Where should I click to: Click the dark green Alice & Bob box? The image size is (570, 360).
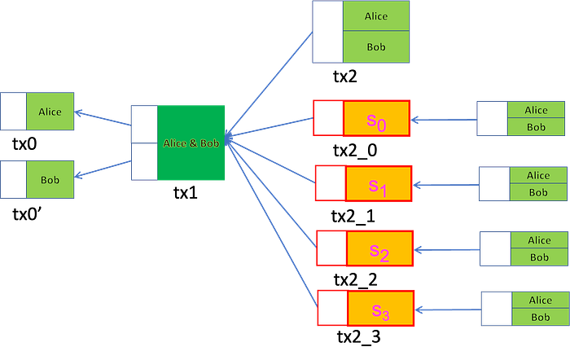[191, 143]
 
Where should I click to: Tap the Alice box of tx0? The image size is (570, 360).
[50, 112]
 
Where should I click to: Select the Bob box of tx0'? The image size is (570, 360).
[50, 180]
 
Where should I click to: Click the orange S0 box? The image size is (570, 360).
[376, 119]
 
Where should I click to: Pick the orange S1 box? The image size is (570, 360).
[379, 183]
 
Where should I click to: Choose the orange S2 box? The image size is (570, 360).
[380, 248]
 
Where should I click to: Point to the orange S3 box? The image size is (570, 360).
[381, 308]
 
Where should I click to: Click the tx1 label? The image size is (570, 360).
[186, 192]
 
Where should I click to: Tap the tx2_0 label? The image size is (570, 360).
[355, 150]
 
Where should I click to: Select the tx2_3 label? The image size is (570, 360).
[359, 336]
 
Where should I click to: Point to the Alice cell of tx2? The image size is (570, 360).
[376, 16]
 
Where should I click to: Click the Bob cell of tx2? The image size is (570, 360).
[376, 47]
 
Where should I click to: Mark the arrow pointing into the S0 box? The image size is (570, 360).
[444, 120]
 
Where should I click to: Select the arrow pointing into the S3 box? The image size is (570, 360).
[448, 310]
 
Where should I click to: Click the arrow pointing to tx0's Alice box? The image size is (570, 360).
[103, 119]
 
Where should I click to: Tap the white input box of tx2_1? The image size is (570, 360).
[331, 183]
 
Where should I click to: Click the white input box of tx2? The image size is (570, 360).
[328, 32]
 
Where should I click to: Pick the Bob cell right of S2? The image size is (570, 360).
[539, 257]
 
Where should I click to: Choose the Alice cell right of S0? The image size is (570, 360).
[536, 110]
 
